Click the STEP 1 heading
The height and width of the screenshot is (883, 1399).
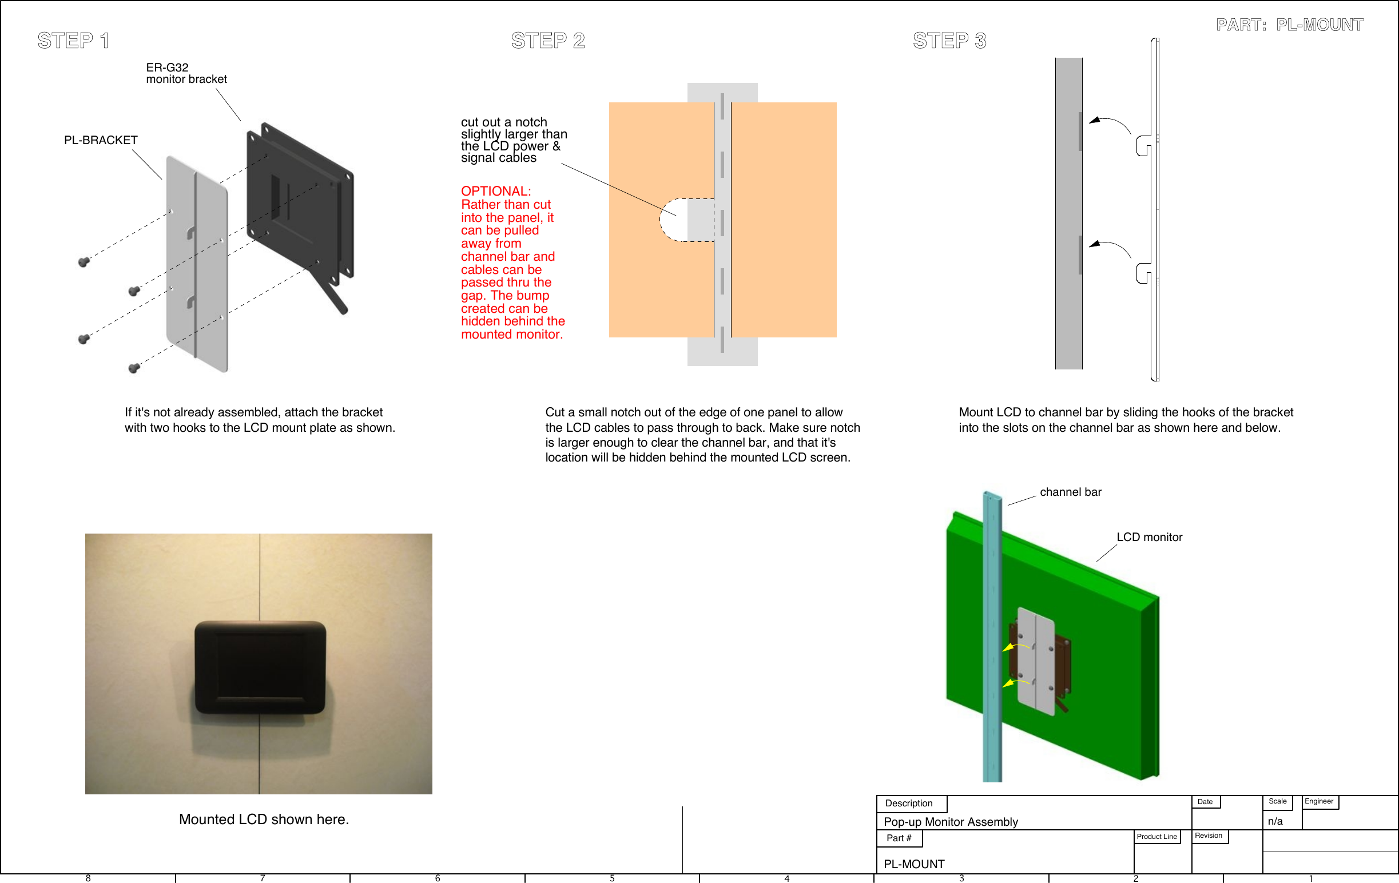73,41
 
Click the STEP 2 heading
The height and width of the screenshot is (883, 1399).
548,41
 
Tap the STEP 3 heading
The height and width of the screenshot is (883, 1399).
949,41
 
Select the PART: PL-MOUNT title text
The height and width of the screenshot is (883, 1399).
1289,25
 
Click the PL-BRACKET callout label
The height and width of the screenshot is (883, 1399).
101,140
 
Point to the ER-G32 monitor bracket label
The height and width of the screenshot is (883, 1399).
186,73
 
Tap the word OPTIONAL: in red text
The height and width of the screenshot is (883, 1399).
495,191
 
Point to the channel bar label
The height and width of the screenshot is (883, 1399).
1070,492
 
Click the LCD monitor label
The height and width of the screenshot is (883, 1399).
1148,538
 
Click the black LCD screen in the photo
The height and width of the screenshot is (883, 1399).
260,667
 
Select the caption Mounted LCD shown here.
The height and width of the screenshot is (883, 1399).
264,819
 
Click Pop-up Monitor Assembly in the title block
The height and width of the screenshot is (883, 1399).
951,821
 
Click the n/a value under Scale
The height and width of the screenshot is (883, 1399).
1275,821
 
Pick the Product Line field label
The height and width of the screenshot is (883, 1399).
1156,837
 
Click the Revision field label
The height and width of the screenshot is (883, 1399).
1208,836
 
